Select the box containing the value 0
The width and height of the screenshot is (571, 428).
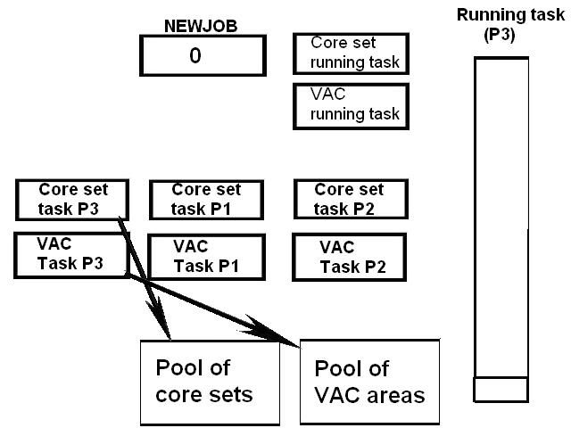[202, 55]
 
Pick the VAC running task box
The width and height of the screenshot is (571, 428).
[351, 106]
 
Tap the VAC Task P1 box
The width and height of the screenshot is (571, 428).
[207, 257]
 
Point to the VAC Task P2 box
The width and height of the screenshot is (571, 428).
[350, 257]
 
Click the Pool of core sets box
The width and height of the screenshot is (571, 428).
[209, 381]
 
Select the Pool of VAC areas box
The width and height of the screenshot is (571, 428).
[369, 381]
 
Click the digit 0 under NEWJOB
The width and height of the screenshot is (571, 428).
[195, 55]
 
